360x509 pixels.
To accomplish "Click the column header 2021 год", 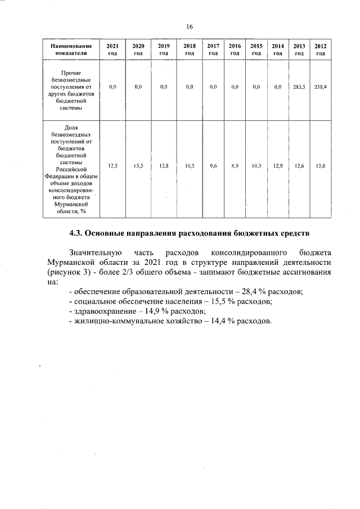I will (x=112, y=49).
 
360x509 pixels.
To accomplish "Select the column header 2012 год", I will (x=321, y=49).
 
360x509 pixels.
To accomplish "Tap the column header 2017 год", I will (x=213, y=49).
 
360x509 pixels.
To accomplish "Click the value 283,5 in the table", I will (x=299, y=87).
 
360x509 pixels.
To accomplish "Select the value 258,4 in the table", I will (x=321, y=87).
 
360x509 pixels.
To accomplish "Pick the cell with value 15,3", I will (x=138, y=166).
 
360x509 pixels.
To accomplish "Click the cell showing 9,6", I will (x=213, y=166).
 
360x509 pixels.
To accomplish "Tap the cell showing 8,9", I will (x=235, y=166).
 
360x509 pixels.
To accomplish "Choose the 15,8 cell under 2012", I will (x=321, y=166).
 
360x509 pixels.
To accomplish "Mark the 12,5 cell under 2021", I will (x=112, y=166).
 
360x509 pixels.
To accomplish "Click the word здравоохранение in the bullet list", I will (x=103, y=312).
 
